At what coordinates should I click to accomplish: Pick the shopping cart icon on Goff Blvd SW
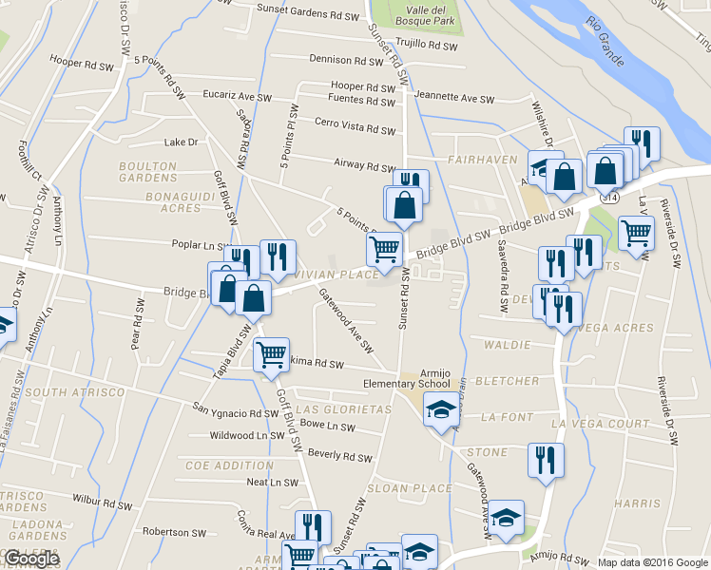point(272,354)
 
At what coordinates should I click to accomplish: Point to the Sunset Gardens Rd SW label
point(308,15)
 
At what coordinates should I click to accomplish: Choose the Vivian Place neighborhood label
point(327,274)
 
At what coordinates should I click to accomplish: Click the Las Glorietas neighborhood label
point(343,408)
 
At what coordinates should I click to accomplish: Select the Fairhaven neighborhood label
point(482,161)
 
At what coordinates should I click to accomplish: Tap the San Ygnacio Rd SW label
point(235,413)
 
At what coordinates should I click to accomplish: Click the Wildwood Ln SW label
point(249,436)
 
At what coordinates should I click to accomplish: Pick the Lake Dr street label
point(180,142)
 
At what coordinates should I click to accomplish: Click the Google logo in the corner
point(30,559)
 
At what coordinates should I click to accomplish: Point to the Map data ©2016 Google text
point(651,561)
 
